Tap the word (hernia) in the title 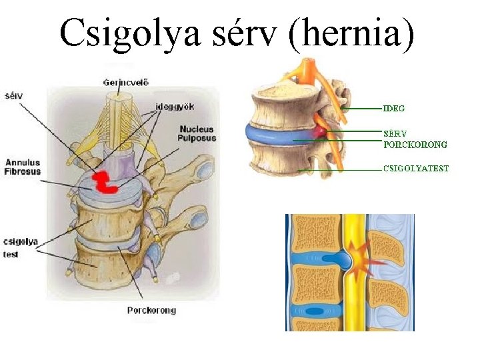tap(351, 33)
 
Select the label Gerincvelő tap(126, 83)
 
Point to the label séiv tap(13, 95)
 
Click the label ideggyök tap(174, 106)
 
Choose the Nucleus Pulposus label tap(197, 133)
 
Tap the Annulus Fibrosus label tap(23, 167)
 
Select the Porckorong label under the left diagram tap(151, 310)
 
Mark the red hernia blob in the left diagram tap(103, 182)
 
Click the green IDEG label tap(393, 108)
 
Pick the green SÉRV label tap(394, 133)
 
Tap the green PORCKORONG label tap(415, 144)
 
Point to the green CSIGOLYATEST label tap(415, 169)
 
